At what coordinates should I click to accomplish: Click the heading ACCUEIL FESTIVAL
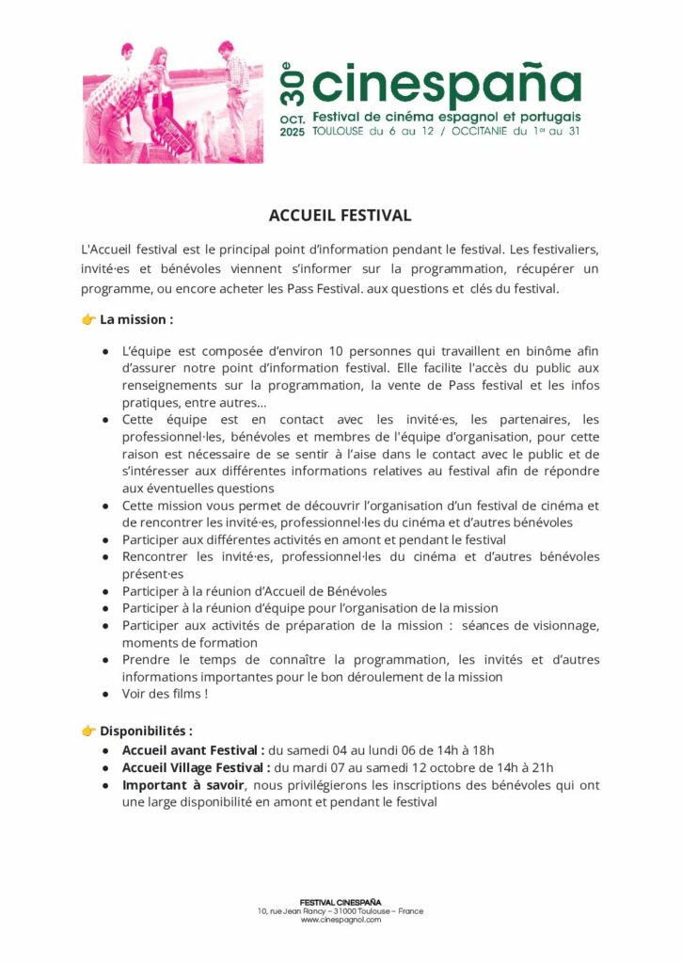coord(341,216)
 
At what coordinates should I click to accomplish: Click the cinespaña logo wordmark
coord(446,83)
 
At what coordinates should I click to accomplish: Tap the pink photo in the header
coord(173,103)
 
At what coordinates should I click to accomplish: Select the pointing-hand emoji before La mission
coord(89,320)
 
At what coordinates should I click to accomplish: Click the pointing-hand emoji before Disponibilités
coord(89,731)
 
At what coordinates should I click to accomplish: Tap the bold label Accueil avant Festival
coord(193,750)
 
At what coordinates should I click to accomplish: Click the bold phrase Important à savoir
coord(183,785)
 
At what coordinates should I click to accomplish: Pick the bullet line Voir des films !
coord(165,695)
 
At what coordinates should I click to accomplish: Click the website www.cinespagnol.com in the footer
coord(341,920)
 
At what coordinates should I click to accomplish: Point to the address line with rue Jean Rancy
coord(341,911)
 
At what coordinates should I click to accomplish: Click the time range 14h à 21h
coord(517,767)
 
